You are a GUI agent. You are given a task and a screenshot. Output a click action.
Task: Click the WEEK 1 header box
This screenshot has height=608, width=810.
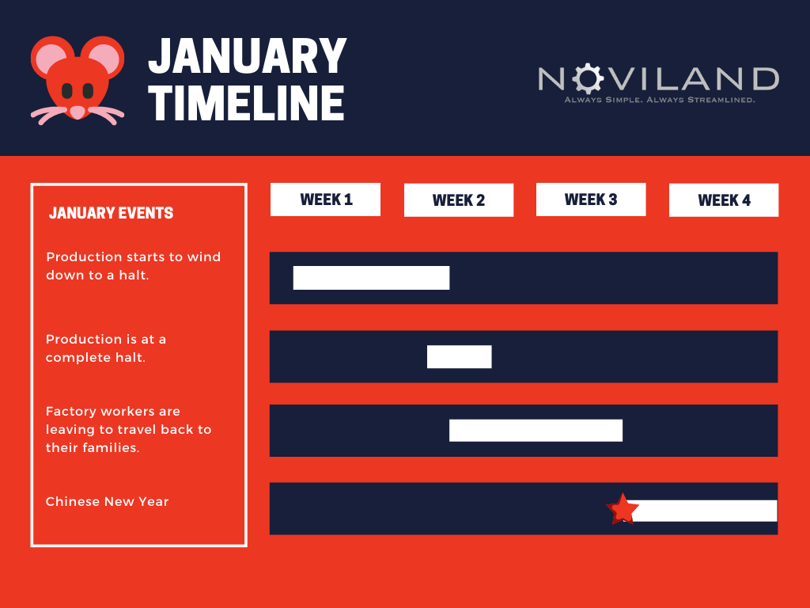point(325,199)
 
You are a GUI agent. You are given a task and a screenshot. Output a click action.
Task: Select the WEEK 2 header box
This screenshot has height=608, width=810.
point(459,200)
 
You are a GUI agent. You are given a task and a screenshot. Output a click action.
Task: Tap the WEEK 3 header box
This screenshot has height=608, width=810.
point(591,199)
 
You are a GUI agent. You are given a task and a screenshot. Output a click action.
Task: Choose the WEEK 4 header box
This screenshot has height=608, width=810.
point(724,200)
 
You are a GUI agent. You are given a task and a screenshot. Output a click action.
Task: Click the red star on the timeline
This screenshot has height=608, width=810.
point(623,509)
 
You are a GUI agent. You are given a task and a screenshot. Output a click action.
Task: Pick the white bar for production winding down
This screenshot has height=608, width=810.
point(372,278)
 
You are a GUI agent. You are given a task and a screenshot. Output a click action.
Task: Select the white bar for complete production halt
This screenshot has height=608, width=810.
point(460,357)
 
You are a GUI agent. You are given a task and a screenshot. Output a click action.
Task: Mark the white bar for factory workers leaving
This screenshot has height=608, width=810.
point(536,431)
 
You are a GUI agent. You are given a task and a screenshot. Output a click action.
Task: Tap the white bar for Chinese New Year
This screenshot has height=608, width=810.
point(703,511)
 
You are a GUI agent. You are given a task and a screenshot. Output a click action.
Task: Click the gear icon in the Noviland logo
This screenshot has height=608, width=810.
point(588,78)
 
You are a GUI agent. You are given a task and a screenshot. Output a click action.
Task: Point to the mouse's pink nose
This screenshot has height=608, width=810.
point(78,112)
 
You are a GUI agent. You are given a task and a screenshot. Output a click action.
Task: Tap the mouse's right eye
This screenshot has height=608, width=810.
point(89,91)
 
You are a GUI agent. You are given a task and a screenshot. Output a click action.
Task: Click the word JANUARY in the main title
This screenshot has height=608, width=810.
point(248,56)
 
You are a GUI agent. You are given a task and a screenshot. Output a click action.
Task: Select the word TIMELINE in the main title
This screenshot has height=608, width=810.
point(247,104)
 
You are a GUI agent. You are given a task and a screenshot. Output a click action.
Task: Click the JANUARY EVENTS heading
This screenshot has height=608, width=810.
point(111,213)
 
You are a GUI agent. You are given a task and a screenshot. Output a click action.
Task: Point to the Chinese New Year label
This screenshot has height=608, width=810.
point(108,501)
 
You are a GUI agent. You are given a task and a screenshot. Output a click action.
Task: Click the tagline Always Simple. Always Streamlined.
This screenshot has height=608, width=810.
point(660,100)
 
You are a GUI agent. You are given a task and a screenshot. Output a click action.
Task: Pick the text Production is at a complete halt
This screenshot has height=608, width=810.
point(106,348)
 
